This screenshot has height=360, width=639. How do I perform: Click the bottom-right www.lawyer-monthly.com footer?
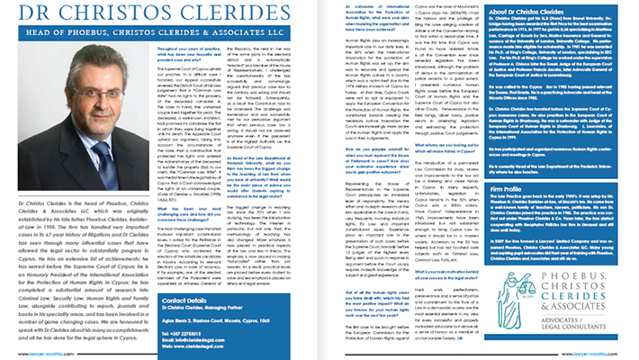tap(613, 354)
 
